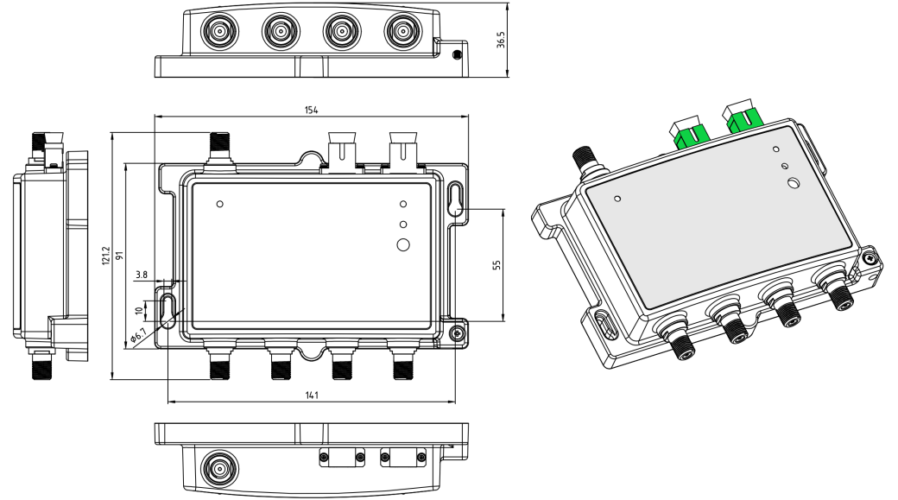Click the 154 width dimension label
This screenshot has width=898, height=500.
point(312,109)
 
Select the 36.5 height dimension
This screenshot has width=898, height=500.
point(501,41)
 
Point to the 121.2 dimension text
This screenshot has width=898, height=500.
point(105,254)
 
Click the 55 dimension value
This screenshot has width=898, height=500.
point(496,265)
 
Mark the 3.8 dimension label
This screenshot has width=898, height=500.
point(142,275)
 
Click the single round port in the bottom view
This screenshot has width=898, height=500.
point(217,471)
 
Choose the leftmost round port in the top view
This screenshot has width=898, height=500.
point(217,32)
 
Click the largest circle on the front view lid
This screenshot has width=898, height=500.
point(403,244)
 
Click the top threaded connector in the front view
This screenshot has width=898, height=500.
point(218,149)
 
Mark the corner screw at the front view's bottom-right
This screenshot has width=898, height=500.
point(458,331)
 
